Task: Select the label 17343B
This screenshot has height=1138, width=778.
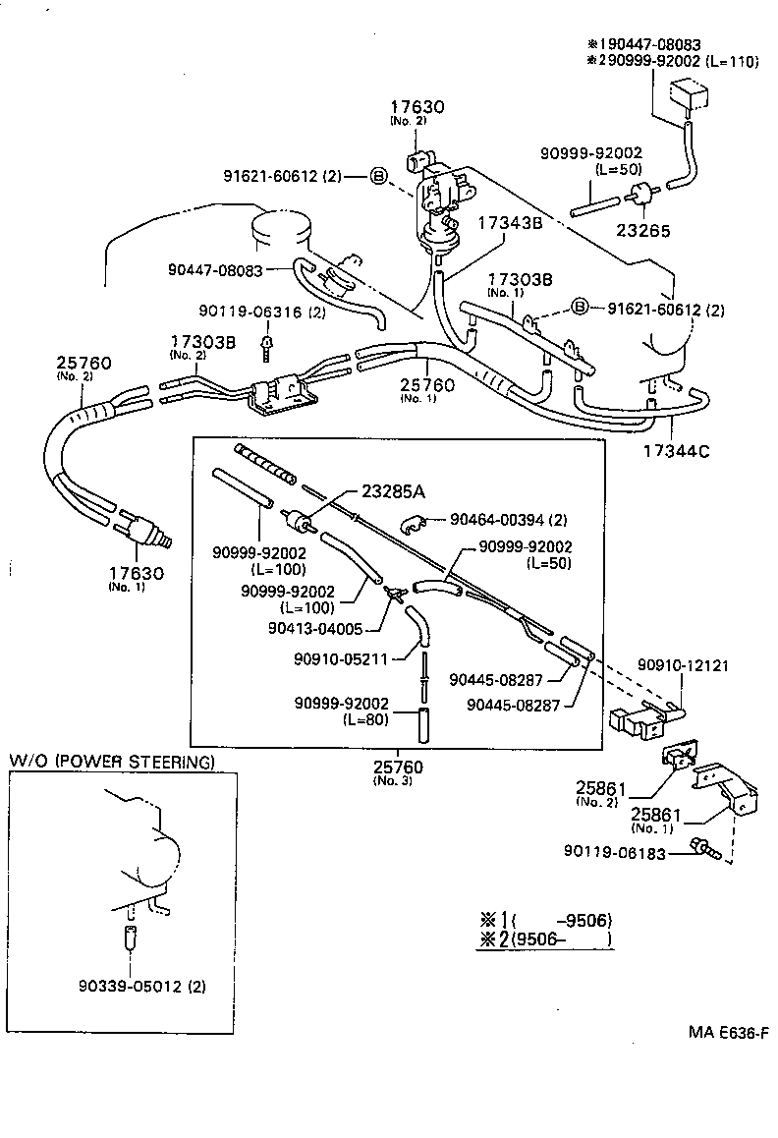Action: pos(510,222)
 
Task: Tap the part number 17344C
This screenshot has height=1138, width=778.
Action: pos(675,452)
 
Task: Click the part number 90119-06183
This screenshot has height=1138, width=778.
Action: pos(615,853)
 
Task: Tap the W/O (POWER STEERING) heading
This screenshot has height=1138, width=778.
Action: pos(111,762)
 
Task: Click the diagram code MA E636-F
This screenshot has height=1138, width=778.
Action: pos(727,1032)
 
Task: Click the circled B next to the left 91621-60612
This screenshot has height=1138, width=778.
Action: pos(379,177)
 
